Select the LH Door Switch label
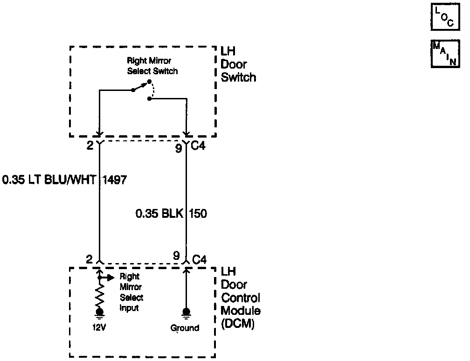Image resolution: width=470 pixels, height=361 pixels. point(238,64)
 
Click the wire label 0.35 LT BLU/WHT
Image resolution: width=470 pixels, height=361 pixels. point(48,180)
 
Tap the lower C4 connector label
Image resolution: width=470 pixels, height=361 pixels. point(199,259)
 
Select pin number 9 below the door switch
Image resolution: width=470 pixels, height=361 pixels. point(179,149)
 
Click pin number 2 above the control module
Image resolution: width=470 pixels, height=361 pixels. point(89,259)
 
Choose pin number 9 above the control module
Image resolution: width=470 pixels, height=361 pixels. point(176,256)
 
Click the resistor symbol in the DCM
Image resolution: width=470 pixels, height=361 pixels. point(100,295)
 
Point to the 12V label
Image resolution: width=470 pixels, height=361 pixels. point(99,327)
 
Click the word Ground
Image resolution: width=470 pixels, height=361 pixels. point(185,328)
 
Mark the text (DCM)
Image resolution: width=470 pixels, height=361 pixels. point(237,324)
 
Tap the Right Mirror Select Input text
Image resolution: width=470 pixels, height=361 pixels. point(131,292)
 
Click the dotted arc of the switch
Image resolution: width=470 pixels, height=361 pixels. point(152,90)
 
